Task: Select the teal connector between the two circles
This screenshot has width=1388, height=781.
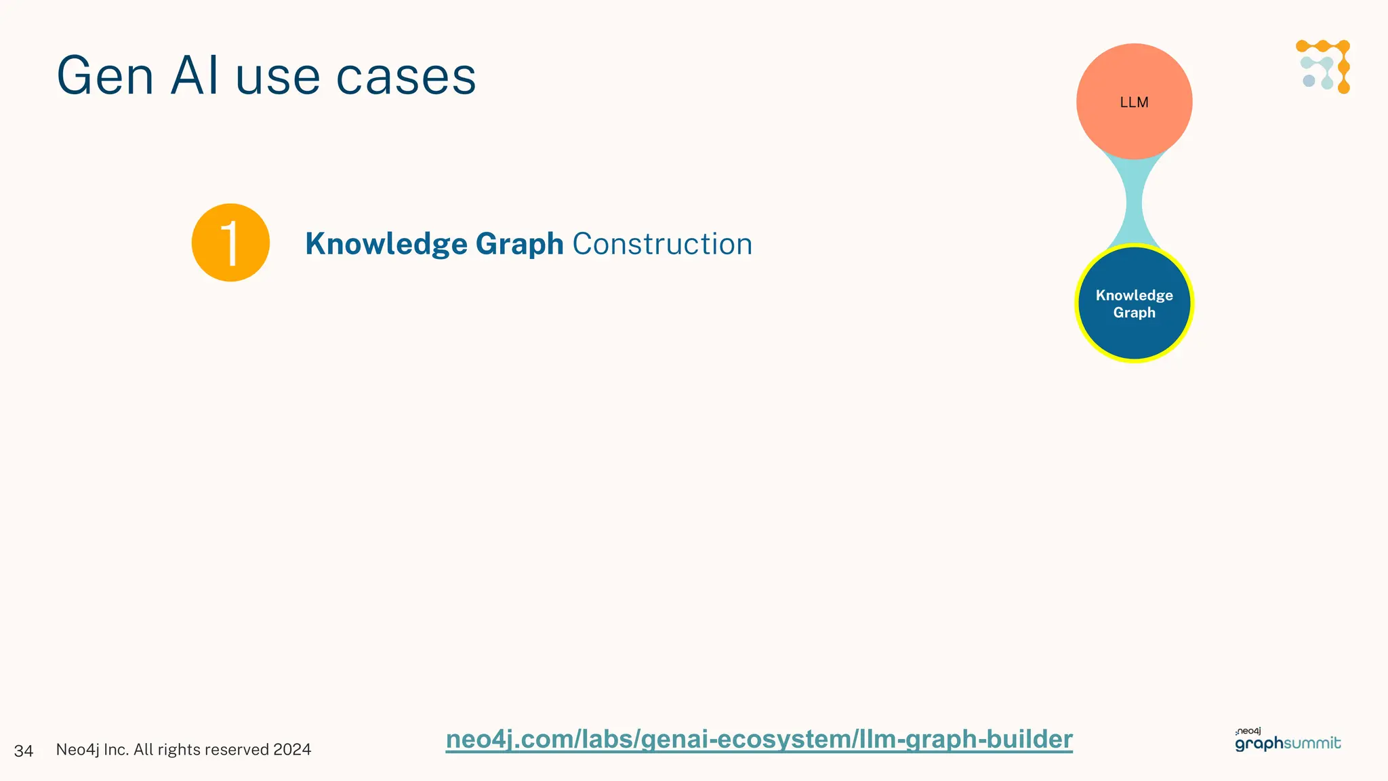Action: pos(1134,202)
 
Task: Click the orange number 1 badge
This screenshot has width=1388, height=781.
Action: pos(230,243)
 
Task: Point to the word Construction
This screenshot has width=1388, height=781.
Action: pos(662,244)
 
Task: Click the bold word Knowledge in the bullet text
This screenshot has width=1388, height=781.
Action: pos(386,244)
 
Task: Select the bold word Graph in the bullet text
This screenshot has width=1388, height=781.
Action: pos(519,244)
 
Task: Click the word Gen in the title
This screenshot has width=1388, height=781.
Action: pos(105,76)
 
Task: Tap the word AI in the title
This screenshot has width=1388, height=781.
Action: pos(195,76)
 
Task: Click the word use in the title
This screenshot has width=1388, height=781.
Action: pos(278,76)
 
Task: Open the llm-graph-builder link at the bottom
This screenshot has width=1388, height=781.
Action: pos(759,739)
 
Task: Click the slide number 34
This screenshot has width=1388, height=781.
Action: pos(24,750)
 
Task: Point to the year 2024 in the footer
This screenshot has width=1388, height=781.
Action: pos(292,750)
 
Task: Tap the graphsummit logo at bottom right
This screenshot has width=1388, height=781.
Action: pos(1288,744)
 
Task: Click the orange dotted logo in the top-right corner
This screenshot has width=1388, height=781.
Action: pos(1324,66)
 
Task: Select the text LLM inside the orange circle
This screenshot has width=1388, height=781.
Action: pos(1134,102)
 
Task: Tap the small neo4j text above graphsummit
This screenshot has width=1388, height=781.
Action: pos(1248,732)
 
